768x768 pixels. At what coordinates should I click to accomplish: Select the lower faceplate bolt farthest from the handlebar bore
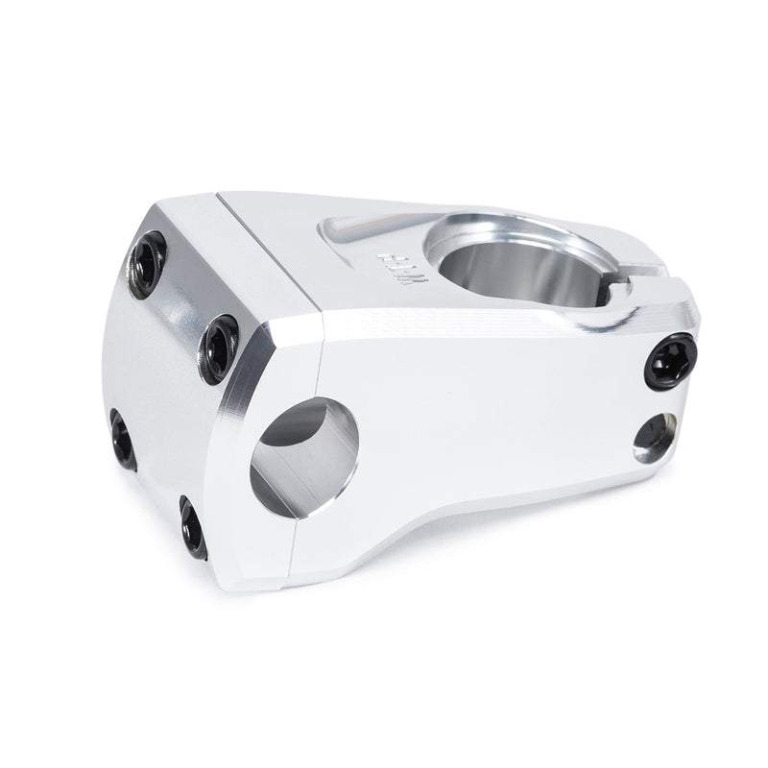(x=123, y=440)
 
